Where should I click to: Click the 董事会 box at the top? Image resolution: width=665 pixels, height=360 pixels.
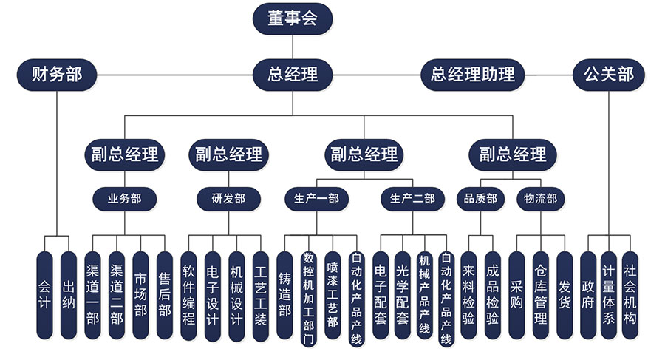[293, 18]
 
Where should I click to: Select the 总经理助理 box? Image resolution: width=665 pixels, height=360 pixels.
[472, 74]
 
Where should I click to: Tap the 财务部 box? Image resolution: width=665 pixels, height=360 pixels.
[57, 74]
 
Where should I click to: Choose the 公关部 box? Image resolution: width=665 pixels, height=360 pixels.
[608, 74]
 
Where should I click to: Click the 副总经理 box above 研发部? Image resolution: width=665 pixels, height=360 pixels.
[228, 154]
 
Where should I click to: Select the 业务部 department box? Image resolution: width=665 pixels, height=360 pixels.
[124, 198]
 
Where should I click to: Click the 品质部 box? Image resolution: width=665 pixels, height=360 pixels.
[480, 198]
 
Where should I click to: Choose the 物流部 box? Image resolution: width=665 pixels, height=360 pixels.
[540, 198]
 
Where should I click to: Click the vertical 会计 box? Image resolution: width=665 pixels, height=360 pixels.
[45, 295]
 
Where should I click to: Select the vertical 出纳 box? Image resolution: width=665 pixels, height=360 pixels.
[69, 295]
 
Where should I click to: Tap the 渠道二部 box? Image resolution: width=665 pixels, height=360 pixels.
[117, 295]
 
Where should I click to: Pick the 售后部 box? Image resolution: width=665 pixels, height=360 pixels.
[164, 295]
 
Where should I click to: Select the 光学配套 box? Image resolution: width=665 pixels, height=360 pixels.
[403, 295]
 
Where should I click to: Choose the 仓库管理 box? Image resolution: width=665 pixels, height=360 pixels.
[540, 295]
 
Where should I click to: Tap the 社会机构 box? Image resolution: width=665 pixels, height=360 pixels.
[630, 295]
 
